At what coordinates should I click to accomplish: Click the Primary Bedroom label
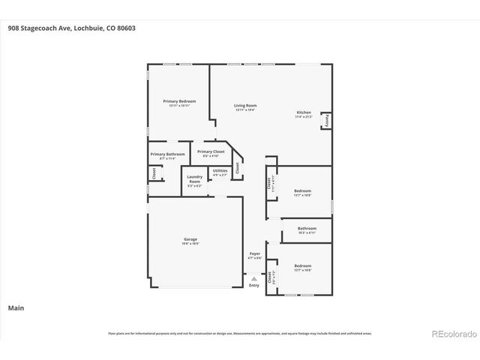(179, 101)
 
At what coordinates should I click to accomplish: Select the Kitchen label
(303, 113)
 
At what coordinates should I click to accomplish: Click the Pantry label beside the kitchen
(327, 121)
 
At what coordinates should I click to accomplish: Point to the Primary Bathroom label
(167, 154)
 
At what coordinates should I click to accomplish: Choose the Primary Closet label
(211, 151)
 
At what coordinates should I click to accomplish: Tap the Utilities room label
(220, 171)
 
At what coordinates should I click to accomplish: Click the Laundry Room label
(194, 179)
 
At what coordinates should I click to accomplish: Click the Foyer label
(254, 254)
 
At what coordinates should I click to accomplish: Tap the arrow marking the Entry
(254, 278)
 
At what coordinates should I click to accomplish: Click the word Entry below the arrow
(254, 285)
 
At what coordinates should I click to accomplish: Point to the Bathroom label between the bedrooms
(307, 229)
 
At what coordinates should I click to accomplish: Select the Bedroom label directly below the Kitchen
(302, 191)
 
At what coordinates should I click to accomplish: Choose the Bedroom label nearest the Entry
(302, 266)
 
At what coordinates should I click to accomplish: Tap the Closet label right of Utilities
(238, 169)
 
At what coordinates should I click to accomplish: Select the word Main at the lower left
(15, 307)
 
